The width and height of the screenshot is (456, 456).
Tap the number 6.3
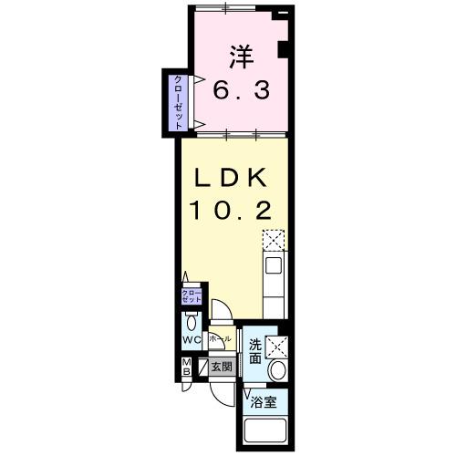pyautogui.click(x=240, y=91)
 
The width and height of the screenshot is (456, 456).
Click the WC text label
pyautogui.click(x=191, y=340)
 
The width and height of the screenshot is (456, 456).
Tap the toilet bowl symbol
pyautogui.click(x=191, y=322)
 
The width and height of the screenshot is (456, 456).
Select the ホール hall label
pyautogui.click(x=219, y=338)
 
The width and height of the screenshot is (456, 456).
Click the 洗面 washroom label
pyautogui.click(x=256, y=353)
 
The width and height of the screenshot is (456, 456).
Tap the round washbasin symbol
pyautogui.click(x=278, y=369)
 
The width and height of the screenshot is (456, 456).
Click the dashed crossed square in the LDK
pyautogui.click(x=274, y=240)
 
